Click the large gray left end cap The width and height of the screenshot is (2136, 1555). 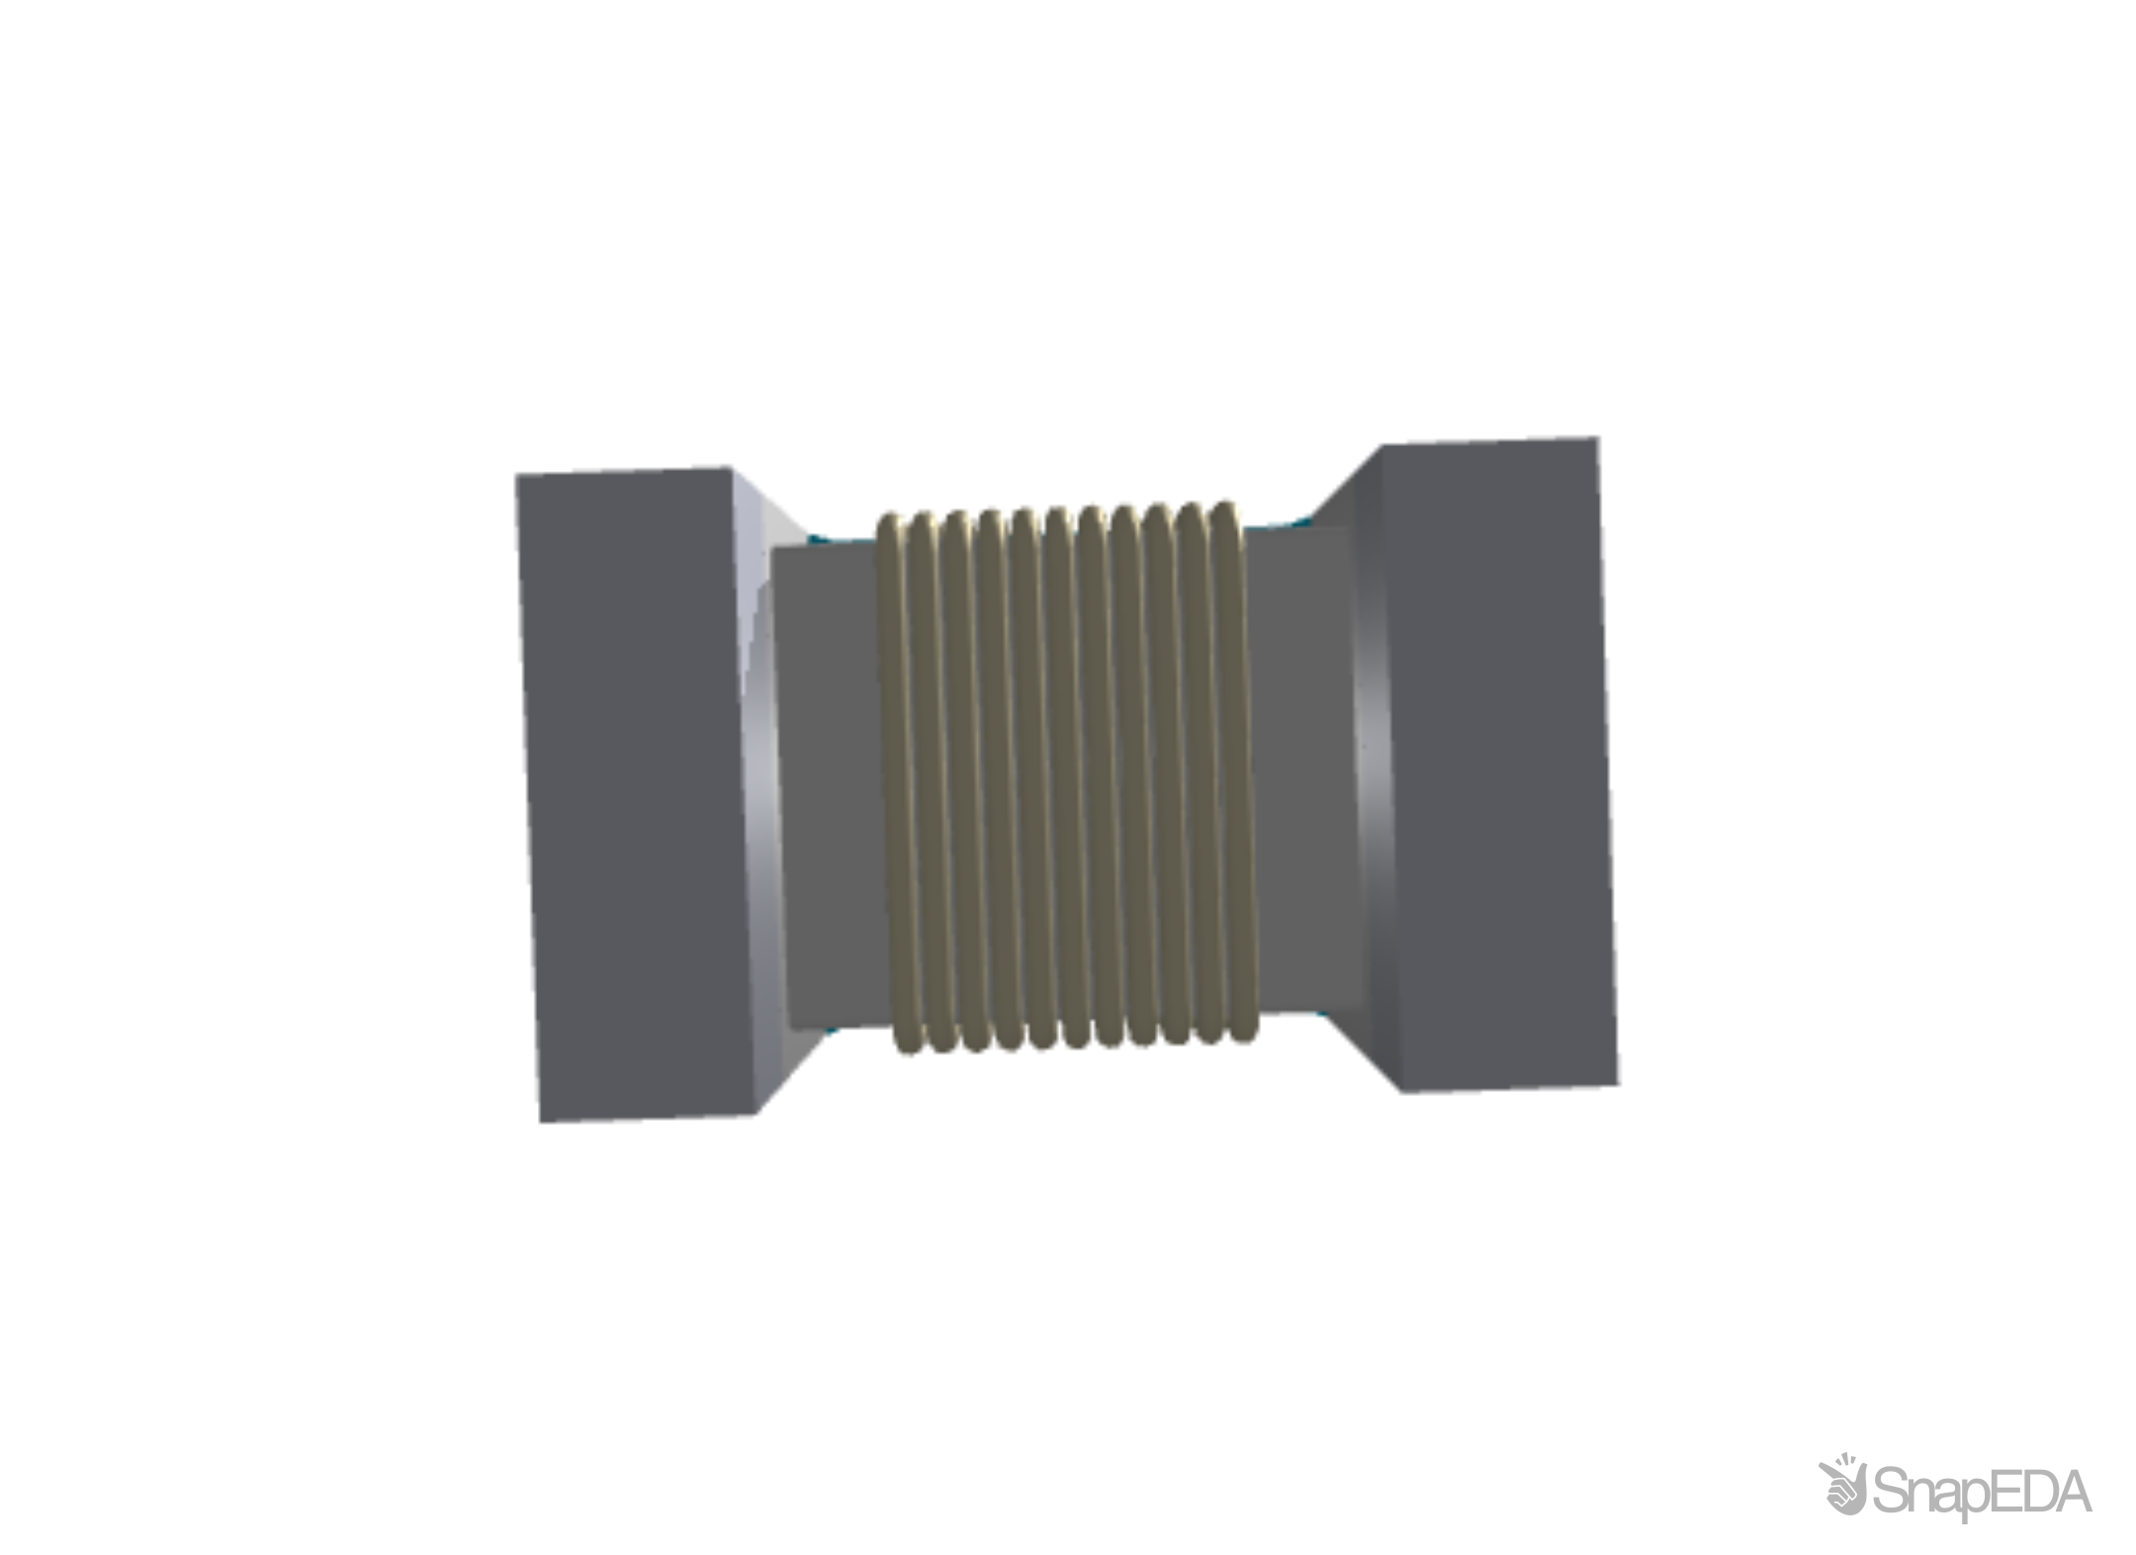click(633, 791)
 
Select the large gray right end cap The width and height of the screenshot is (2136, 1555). click(1493, 762)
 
